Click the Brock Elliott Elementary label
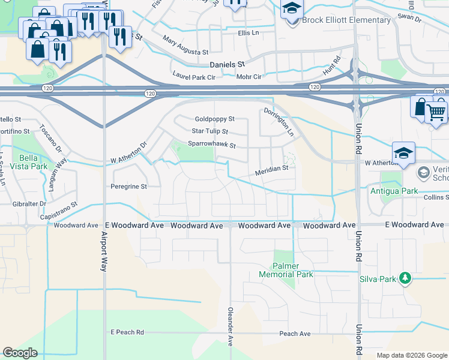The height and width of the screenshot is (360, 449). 346,20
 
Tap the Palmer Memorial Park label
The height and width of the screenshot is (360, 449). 286,270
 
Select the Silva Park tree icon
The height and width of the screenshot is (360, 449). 405,278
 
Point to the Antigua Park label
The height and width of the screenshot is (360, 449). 402,191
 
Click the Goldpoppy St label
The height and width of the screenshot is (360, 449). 214,119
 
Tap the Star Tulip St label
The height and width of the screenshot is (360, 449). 209,131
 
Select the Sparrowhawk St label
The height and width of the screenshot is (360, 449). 211,145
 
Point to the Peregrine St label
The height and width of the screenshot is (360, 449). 128,187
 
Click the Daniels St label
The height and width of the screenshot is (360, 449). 228,64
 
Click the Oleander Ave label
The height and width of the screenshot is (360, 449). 230,326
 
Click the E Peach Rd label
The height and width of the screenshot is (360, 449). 127,332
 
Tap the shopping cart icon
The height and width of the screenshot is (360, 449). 436,110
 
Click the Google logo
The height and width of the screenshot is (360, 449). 20,353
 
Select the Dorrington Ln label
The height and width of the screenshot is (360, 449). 279,121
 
